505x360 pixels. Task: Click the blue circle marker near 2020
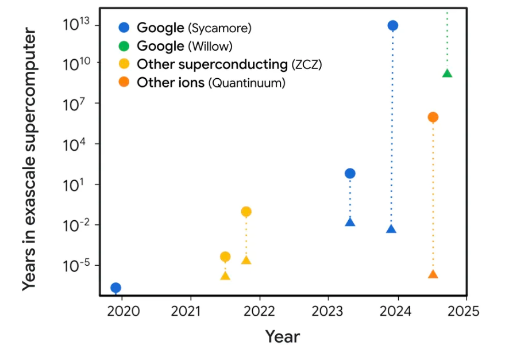[115, 288]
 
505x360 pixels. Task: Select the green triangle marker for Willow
[447, 73]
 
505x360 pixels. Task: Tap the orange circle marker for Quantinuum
[433, 117]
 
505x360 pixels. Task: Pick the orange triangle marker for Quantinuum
[433, 274]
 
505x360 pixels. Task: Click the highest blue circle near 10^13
[393, 25]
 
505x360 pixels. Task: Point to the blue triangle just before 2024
[391, 229]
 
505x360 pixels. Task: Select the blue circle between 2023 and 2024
[350, 174]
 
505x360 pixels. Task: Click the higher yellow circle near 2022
[246, 212]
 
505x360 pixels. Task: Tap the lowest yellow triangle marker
[225, 276]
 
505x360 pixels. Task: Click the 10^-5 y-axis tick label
[75, 266]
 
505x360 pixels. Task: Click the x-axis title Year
[282, 336]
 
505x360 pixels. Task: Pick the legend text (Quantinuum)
[247, 83]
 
